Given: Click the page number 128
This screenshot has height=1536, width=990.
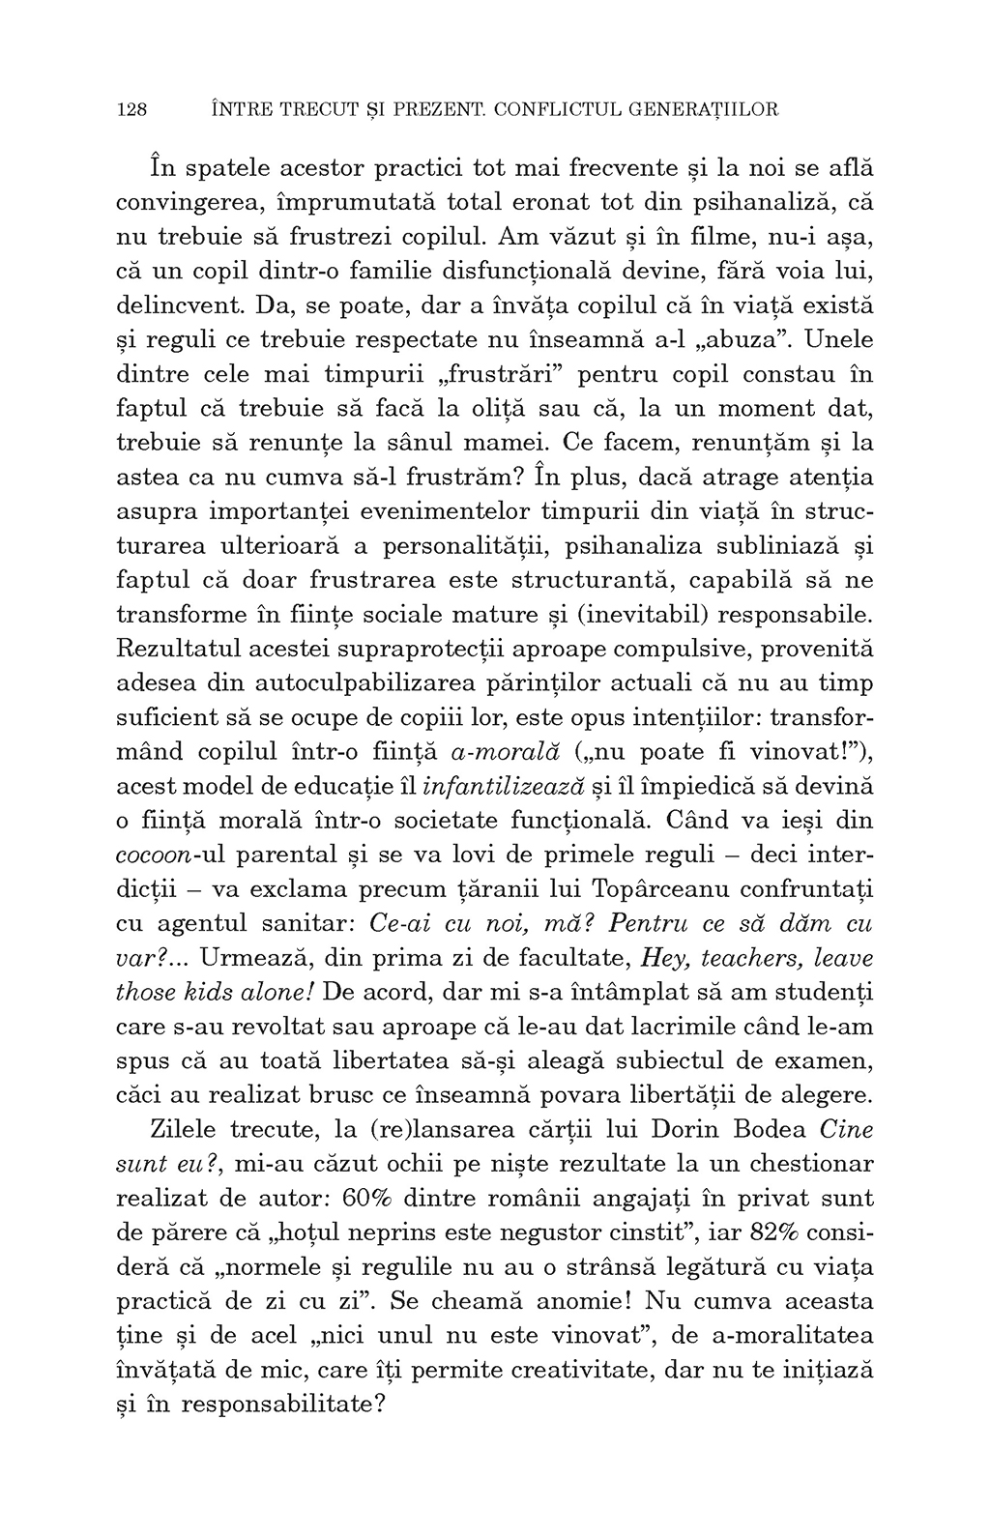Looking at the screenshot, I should [131, 109].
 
